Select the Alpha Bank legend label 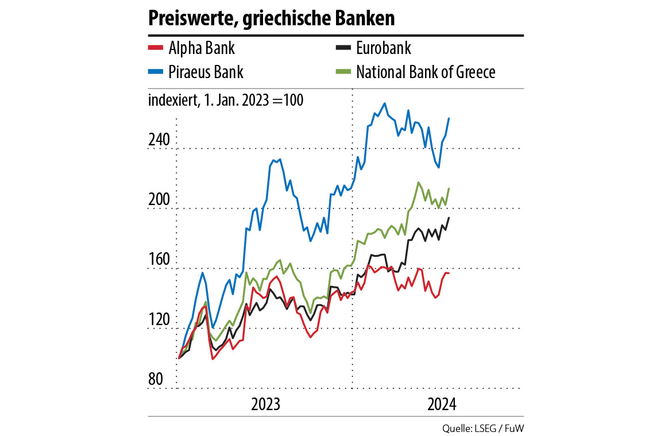[x=202, y=48]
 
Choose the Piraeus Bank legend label [x=206, y=72]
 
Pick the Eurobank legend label [x=384, y=48]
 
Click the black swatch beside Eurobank [x=342, y=48]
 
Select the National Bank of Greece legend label [x=426, y=72]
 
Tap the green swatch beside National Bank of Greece [x=342, y=72]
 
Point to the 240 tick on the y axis [x=159, y=140]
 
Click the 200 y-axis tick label [x=159, y=200]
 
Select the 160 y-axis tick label [x=159, y=260]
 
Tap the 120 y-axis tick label [x=159, y=319]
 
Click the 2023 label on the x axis [x=266, y=404]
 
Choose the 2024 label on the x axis [x=441, y=404]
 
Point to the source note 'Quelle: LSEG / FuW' [x=483, y=428]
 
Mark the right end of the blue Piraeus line [x=449, y=118]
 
